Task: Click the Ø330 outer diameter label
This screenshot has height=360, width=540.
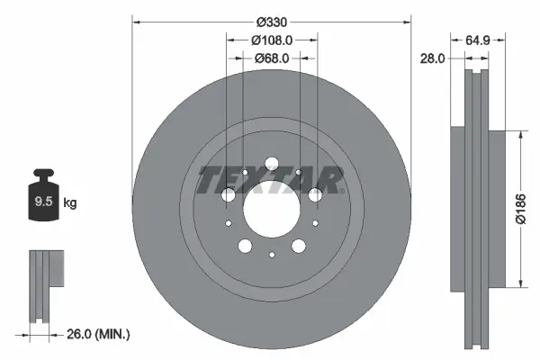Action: [x=271, y=21]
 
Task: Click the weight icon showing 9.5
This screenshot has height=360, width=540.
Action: [x=43, y=200]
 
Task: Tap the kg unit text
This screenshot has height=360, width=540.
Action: [x=70, y=204]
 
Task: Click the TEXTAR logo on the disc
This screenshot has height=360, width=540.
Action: [x=268, y=179]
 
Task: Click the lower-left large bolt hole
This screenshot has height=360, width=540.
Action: [x=244, y=246]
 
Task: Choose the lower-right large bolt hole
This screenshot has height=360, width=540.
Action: [x=298, y=246]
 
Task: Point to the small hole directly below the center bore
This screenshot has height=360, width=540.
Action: [x=271, y=256]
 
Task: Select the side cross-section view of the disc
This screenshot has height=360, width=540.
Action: [x=475, y=209]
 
